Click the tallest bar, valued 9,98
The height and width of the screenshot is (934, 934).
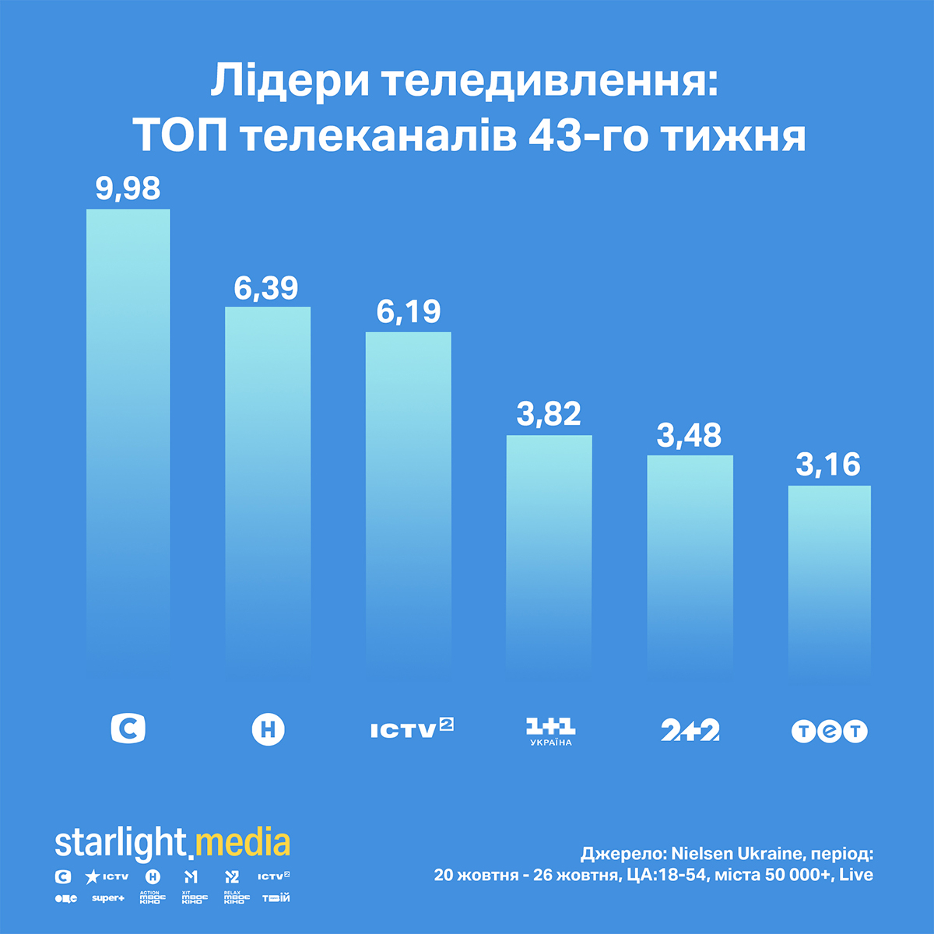click(128, 436)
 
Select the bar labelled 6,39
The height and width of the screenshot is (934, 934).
click(268, 483)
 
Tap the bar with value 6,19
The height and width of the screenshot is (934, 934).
click(408, 498)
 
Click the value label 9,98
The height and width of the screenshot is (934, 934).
click(128, 188)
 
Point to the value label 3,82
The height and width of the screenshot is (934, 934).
click(549, 414)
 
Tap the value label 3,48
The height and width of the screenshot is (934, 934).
click(690, 435)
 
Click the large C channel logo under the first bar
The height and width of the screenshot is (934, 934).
click(128, 729)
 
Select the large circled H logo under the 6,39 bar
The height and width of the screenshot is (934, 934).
click(268, 730)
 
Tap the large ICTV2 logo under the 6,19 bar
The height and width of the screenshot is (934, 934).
click(411, 729)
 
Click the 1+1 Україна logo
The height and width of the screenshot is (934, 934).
click(550, 732)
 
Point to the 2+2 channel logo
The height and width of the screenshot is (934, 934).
click(690, 730)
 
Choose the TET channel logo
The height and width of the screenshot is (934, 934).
click(829, 731)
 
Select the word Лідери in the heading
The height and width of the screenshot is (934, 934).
click(288, 82)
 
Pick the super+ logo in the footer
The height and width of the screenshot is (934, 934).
click(107, 898)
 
